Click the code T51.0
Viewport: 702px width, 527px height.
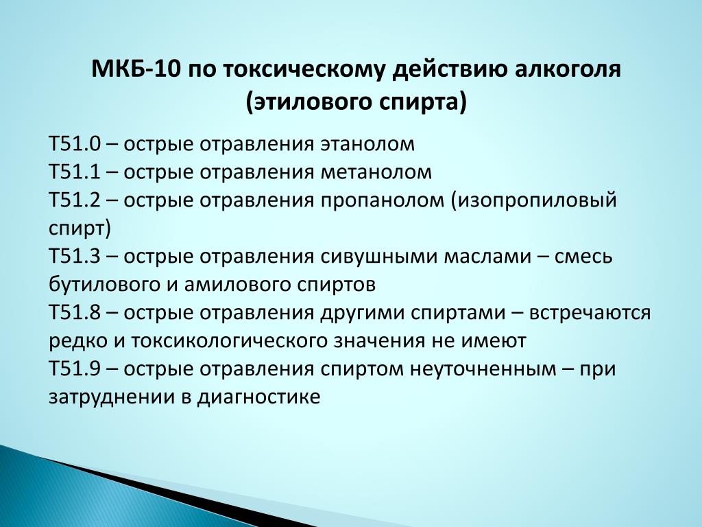pyautogui.click(x=75, y=145)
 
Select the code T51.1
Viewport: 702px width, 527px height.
pyautogui.click(x=75, y=172)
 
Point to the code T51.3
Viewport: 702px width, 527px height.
pyautogui.click(x=75, y=257)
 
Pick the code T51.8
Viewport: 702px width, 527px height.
pyautogui.click(x=75, y=313)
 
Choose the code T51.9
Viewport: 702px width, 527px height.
pyautogui.click(x=75, y=369)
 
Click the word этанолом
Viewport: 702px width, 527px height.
pyautogui.click(x=367, y=145)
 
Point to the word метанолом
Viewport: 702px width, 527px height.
pyautogui.click(x=376, y=173)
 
